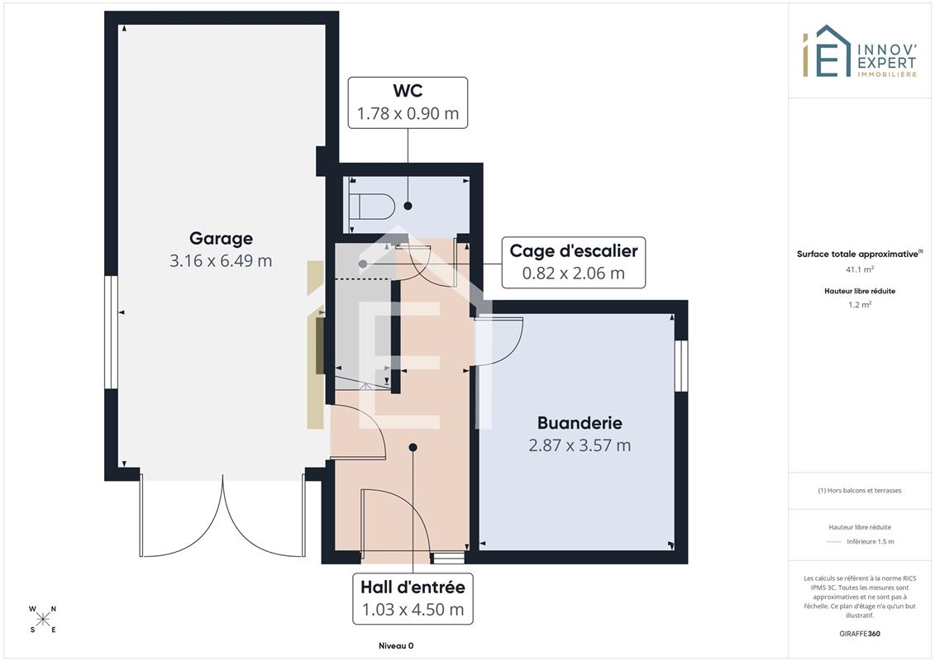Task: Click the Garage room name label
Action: [x=221, y=239]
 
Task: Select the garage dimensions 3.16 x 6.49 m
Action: [x=221, y=260]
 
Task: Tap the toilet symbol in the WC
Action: [x=372, y=207]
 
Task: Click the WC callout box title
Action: [x=408, y=91]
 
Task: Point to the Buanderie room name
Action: [x=580, y=422]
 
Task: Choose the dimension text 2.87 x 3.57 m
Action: [x=580, y=445]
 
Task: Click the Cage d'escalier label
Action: [x=574, y=251]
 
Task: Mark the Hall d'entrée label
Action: [x=413, y=587]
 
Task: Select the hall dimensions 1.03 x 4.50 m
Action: [x=413, y=610]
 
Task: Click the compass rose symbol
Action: [x=43, y=620]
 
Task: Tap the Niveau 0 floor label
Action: [x=396, y=645]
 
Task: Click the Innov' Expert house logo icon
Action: [x=827, y=50]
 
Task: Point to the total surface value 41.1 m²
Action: [x=859, y=269]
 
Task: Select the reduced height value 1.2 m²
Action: [x=859, y=305]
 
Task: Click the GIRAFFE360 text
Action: [x=859, y=634]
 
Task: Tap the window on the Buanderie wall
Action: [x=681, y=365]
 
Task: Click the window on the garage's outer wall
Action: [x=111, y=332]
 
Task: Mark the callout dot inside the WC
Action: [x=408, y=206]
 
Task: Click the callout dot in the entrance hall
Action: [x=413, y=447]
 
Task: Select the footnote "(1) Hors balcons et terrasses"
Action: [x=859, y=491]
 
